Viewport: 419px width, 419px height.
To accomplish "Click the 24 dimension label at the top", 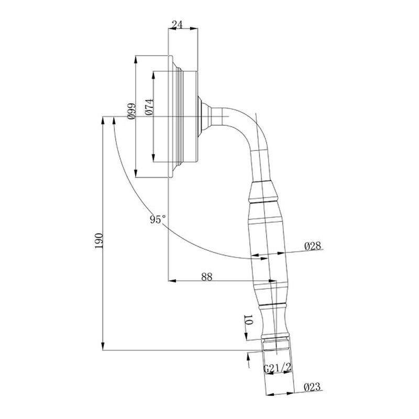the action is pos(177,25).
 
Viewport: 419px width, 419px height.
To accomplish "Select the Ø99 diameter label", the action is pos(131,111).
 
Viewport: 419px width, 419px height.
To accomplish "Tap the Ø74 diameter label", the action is pos(149,107).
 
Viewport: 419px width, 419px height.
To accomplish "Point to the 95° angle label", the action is pos(158,219).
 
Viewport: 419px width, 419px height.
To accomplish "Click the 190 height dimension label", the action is pos(99,241).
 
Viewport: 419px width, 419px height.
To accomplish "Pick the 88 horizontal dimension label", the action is pos(207,277).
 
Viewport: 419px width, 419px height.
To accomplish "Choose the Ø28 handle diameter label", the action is pos(313,246).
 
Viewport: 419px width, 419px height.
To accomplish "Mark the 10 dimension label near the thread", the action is pos(248,319).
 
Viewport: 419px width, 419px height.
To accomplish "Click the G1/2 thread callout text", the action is pos(277,368).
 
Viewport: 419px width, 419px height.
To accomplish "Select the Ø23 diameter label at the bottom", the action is pos(312,387).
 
